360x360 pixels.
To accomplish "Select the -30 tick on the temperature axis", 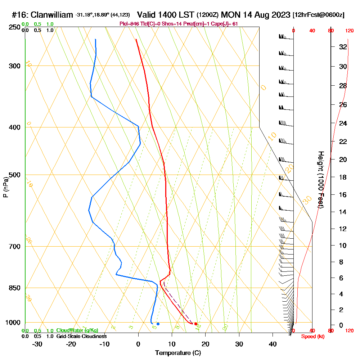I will click(x=37, y=344).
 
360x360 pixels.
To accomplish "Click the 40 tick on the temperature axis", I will click(x=273, y=344).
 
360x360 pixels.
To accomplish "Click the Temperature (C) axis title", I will click(x=178, y=353).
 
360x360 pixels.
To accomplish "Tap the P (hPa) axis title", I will click(x=5, y=187).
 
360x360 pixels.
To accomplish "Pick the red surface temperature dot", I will click(x=195, y=324).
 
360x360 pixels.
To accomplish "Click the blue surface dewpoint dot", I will click(x=158, y=324).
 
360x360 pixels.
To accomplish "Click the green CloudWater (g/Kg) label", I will click(x=77, y=330).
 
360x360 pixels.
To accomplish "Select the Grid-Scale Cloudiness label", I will click(x=81, y=336).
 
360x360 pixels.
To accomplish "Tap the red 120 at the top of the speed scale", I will click(x=349, y=31).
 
